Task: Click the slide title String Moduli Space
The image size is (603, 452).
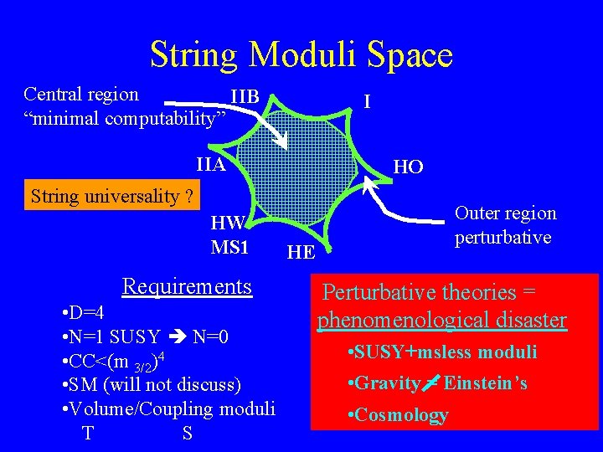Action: [x=301, y=55]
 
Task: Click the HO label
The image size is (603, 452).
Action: [x=408, y=167]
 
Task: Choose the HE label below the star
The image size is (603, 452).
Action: [x=301, y=251]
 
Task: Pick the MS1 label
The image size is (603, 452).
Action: [x=230, y=248]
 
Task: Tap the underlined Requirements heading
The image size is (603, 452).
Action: [x=187, y=287]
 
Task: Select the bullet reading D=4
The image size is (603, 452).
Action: [x=84, y=313]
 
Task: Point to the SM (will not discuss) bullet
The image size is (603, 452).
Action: [x=152, y=385]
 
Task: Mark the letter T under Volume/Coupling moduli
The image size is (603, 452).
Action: [x=87, y=434]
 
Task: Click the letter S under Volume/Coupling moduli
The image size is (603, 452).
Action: [x=186, y=434]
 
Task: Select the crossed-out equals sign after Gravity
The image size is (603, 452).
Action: [x=430, y=383]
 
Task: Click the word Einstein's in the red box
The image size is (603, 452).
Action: [x=486, y=383]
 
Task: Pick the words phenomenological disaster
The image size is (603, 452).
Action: [x=442, y=320]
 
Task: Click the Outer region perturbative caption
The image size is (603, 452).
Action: [x=505, y=225]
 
